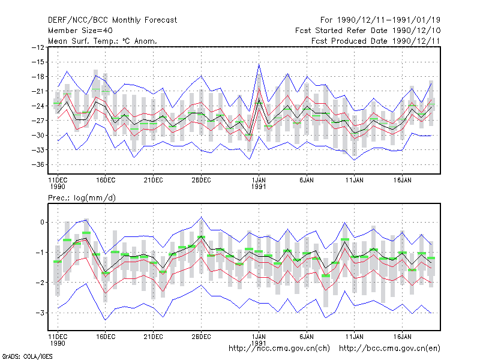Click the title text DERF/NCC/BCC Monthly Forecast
click(112, 20)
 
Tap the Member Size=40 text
click(80, 31)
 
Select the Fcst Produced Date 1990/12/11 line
click(376, 41)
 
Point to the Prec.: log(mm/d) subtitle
click(82, 198)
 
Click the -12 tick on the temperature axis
click(38, 47)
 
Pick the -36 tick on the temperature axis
click(38, 164)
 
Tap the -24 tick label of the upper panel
click(38, 106)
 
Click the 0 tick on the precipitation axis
click(42, 222)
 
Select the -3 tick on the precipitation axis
click(40, 313)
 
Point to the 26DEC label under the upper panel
click(201, 180)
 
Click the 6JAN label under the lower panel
click(307, 337)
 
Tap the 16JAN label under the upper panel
click(402, 180)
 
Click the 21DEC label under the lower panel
click(153, 337)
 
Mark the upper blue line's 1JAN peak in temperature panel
click(259, 64)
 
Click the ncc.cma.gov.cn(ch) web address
click(279, 349)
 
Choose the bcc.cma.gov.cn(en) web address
click(389, 349)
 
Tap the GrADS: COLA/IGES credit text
click(27, 356)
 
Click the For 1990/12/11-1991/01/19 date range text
click(380, 20)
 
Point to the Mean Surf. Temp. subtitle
click(102, 41)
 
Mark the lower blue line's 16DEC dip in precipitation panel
click(106, 320)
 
